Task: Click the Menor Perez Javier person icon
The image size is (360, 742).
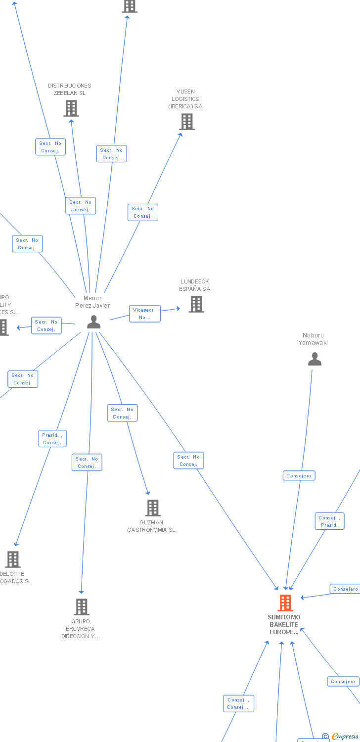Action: point(93,322)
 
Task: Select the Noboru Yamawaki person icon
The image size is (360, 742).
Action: point(315,359)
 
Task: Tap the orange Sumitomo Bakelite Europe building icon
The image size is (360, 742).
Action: point(285,603)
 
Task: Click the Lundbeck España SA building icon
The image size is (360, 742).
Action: point(196,304)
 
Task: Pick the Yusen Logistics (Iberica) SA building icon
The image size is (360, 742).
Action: point(187,122)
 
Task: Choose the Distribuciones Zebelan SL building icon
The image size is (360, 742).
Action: point(71,108)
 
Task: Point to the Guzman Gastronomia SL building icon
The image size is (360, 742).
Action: point(153,508)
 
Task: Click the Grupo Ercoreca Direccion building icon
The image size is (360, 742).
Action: point(82,607)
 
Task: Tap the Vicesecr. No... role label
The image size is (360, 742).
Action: point(145,314)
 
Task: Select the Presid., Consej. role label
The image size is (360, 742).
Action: point(52,439)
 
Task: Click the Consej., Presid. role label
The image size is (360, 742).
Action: point(330,521)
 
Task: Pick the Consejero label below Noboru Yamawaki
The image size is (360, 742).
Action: point(299,476)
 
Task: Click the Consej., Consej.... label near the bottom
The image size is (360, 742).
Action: point(238,703)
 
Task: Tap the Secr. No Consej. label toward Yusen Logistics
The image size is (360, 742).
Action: point(143,212)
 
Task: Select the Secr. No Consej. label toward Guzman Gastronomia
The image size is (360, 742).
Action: point(122,413)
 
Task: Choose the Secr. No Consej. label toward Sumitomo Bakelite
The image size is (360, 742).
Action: point(188,461)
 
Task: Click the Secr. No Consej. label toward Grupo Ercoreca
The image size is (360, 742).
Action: point(87,463)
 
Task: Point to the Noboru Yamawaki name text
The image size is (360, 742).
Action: point(313,339)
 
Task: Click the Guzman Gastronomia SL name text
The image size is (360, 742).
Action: point(151,526)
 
